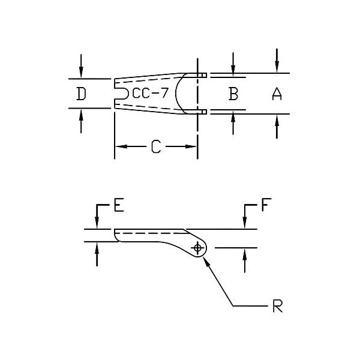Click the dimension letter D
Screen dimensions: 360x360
pyautogui.click(x=82, y=94)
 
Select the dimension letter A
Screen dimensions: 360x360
pyautogui.click(x=277, y=94)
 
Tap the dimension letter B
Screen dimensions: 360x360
pyautogui.click(x=233, y=94)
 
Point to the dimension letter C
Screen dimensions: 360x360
pyautogui.click(x=155, y=146)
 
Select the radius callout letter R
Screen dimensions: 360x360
pyautogui.click(x=277, y=307)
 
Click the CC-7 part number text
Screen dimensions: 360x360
pyautogui.click(x=150, y=94)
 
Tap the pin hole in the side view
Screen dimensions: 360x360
pyautogui.click(x=197, y=248)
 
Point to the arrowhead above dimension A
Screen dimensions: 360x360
pyautogui.click(x=277, y=69)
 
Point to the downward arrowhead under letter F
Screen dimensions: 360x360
pyautogui.click(x=245, y=224)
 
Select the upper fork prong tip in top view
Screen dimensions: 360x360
pyautogui.click(x=204, y=75)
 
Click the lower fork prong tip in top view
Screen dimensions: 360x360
pyautogui.click(x=204, y=112)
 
